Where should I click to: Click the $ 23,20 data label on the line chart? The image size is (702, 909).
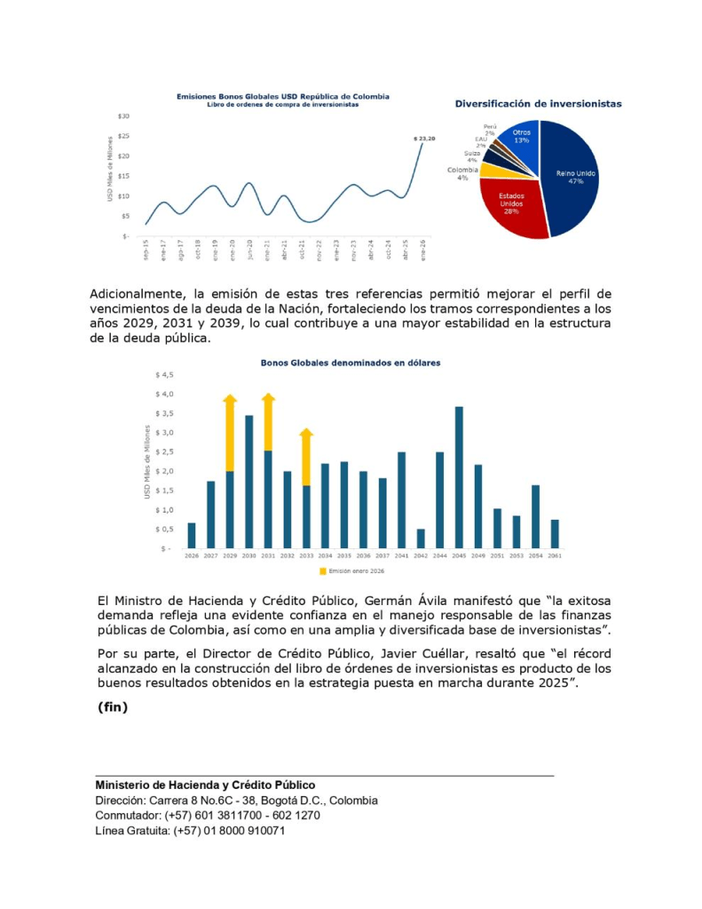point(425,138)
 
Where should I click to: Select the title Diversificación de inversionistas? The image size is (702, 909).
point(538,104)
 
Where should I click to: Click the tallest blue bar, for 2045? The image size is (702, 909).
point(459,476)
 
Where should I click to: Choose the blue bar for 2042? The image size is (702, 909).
point(421,538)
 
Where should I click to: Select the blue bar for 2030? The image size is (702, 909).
point(249,481)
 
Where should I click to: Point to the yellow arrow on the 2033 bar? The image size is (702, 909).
point(306,456)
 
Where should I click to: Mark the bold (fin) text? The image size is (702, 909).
point(113,707)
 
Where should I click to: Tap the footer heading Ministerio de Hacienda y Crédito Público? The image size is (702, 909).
point(205,785)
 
